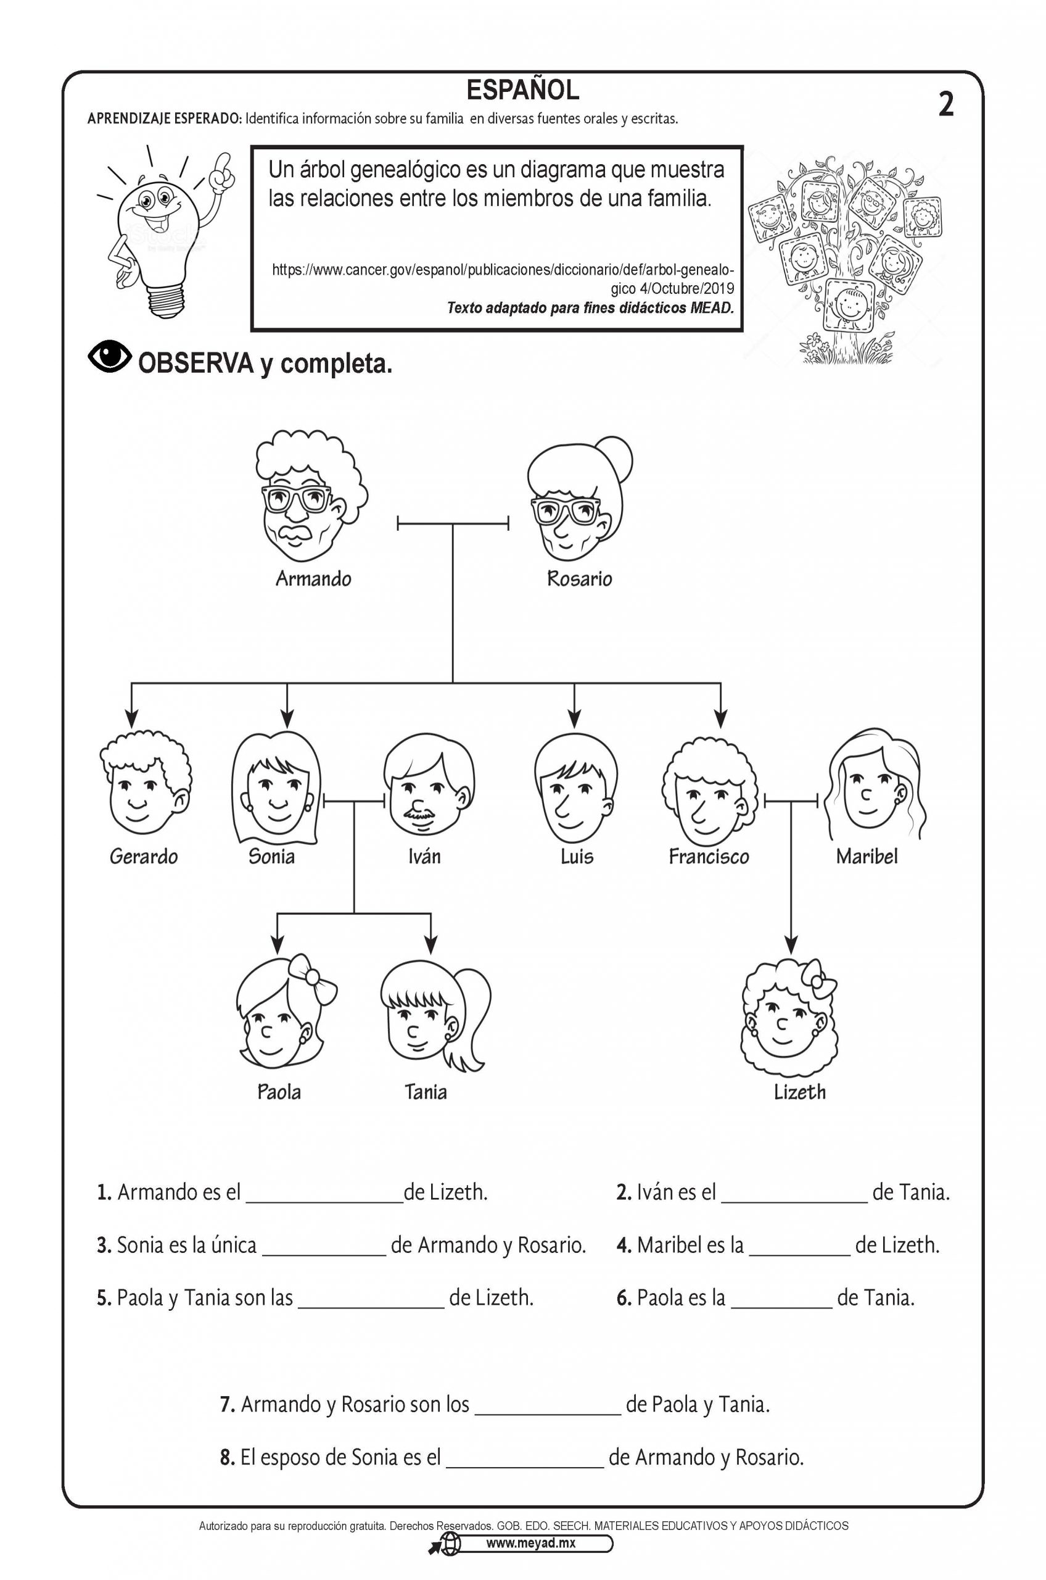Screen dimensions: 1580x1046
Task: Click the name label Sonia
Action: coord(271,856)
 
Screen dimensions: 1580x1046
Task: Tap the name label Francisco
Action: coord(709,857)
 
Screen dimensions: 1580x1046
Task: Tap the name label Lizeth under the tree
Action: coord(799,1092)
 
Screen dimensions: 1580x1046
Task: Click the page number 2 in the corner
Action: coord(945,105)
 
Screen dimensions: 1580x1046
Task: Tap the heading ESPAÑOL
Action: coord(522,89)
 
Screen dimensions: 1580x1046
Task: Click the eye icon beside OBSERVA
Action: coord(109,357)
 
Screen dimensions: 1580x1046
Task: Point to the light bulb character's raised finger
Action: coord(224,164)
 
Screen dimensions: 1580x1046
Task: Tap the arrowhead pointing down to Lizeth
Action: coord(791,944)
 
